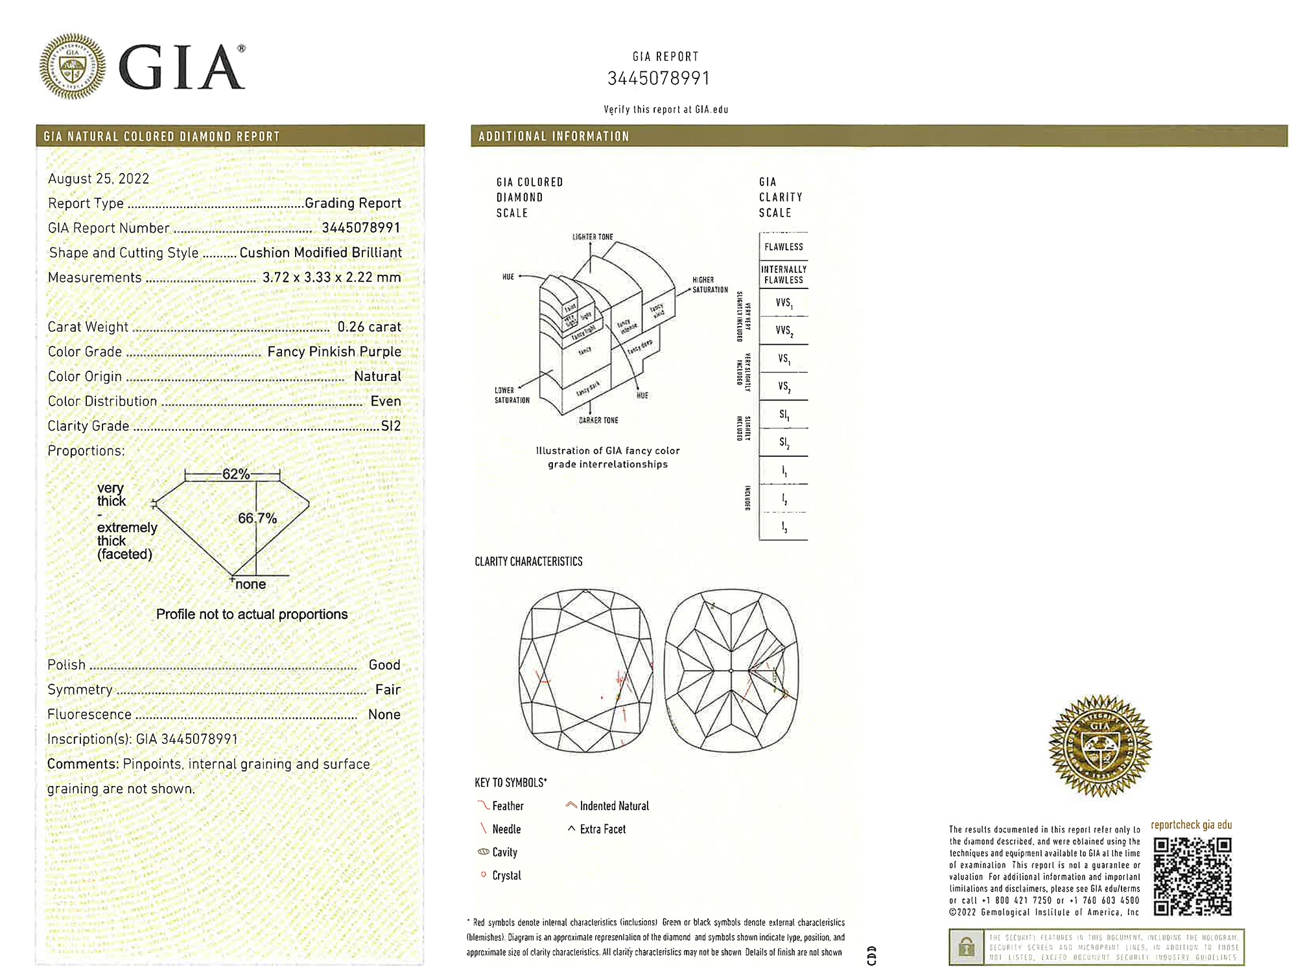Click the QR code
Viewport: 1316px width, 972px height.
point(1192,875)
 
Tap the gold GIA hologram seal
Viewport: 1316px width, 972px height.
point(1099,746)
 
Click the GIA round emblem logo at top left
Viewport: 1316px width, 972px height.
point(72,66)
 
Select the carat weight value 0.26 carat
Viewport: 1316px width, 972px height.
point(369,327)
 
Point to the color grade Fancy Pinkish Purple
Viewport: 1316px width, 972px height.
point(334,352)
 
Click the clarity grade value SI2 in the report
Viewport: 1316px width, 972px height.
point(391,426)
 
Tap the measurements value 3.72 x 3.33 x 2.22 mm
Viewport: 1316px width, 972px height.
point(331,277)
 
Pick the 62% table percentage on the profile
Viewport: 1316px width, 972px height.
point(235,474)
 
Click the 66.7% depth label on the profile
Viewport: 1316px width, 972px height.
point(257,518)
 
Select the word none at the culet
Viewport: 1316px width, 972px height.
point(250,584)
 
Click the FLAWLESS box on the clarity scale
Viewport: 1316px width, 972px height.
point(783,247)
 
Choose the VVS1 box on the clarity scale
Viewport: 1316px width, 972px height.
point(783,303)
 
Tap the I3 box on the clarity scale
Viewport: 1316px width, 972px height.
point(783,527)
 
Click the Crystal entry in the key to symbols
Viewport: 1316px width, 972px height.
point(506,875)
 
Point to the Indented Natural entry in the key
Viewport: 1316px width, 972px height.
point(613,806)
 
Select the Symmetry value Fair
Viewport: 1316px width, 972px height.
point(388,689)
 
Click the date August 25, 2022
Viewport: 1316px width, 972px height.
point(99,179)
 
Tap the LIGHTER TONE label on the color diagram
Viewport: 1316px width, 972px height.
point(592,237)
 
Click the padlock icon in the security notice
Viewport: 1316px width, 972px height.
point(966,947)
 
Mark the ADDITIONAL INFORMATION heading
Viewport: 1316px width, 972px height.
point(554,137)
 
